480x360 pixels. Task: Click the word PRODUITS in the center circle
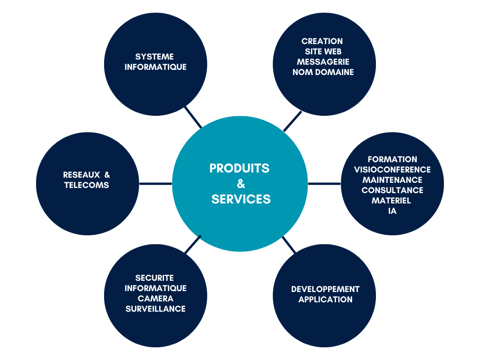pyautogui.click(x=239, y=168)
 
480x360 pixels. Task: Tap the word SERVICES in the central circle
pyautogui.click(x=241, y=199)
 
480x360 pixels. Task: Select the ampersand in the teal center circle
pyautogui.click(x=241, y=184)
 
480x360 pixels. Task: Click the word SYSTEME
pyautogui.click(x=155, y=57)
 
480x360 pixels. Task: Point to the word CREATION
pyautogui.click(x=322, y=41)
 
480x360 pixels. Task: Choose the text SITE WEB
pyautogui.click(x=323, y=52)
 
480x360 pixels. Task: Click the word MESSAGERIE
pyautogui.click(x=323, y=62)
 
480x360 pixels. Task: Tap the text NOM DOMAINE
pyautogui.click(x=323, y=72)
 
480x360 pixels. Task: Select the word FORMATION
pyautogui.click(x=392, y=159)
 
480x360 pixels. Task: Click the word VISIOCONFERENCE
pyautogui.click(x=392, y=170)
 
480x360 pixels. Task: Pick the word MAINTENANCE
pyautogui.click(x=392, y=180)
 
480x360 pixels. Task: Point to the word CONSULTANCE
pyautogui.click(x=392, y=190)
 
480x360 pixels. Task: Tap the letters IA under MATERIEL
pyautogui.click(x=392, y=211)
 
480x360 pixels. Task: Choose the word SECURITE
pyautogui.click(x=155, y=278)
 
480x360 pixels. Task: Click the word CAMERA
pyautogui.click(x=156, y=299)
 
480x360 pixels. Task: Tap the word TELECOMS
pyautogui.click(x=87, y=185)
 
